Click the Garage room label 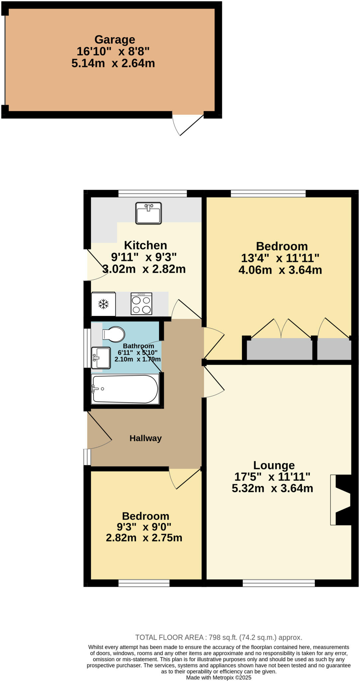(115, 40)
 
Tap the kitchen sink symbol (148, 213)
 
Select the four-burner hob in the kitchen (141, 304)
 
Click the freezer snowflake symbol (103, 304)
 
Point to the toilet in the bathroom (114, 334)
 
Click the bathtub (125, 389)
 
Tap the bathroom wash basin (101, 358)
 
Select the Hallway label (145, 438)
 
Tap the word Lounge (274, 465)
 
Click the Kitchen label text (145, 245)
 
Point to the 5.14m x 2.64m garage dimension (113, 63)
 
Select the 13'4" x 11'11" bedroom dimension (280, 258)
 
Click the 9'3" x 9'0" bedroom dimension (144, 527)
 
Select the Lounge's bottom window (279, 583)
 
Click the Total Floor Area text (218, 637)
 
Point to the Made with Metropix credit (218, 677)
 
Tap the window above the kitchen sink (153, 194)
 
